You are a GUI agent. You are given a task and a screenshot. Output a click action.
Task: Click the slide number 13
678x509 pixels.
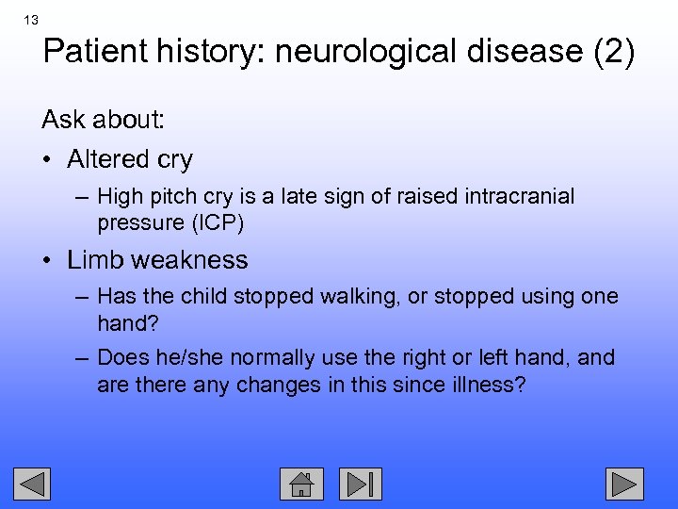32,20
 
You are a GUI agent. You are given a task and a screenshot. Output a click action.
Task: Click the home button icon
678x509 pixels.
301,484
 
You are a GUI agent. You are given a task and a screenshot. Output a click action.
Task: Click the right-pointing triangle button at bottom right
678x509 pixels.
623,484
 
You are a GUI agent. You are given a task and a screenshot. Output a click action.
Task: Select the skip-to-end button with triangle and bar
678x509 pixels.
362,484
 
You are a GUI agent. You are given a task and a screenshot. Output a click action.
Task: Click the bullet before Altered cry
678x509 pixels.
47,160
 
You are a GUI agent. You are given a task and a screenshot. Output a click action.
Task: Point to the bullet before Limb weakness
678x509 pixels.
47,260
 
